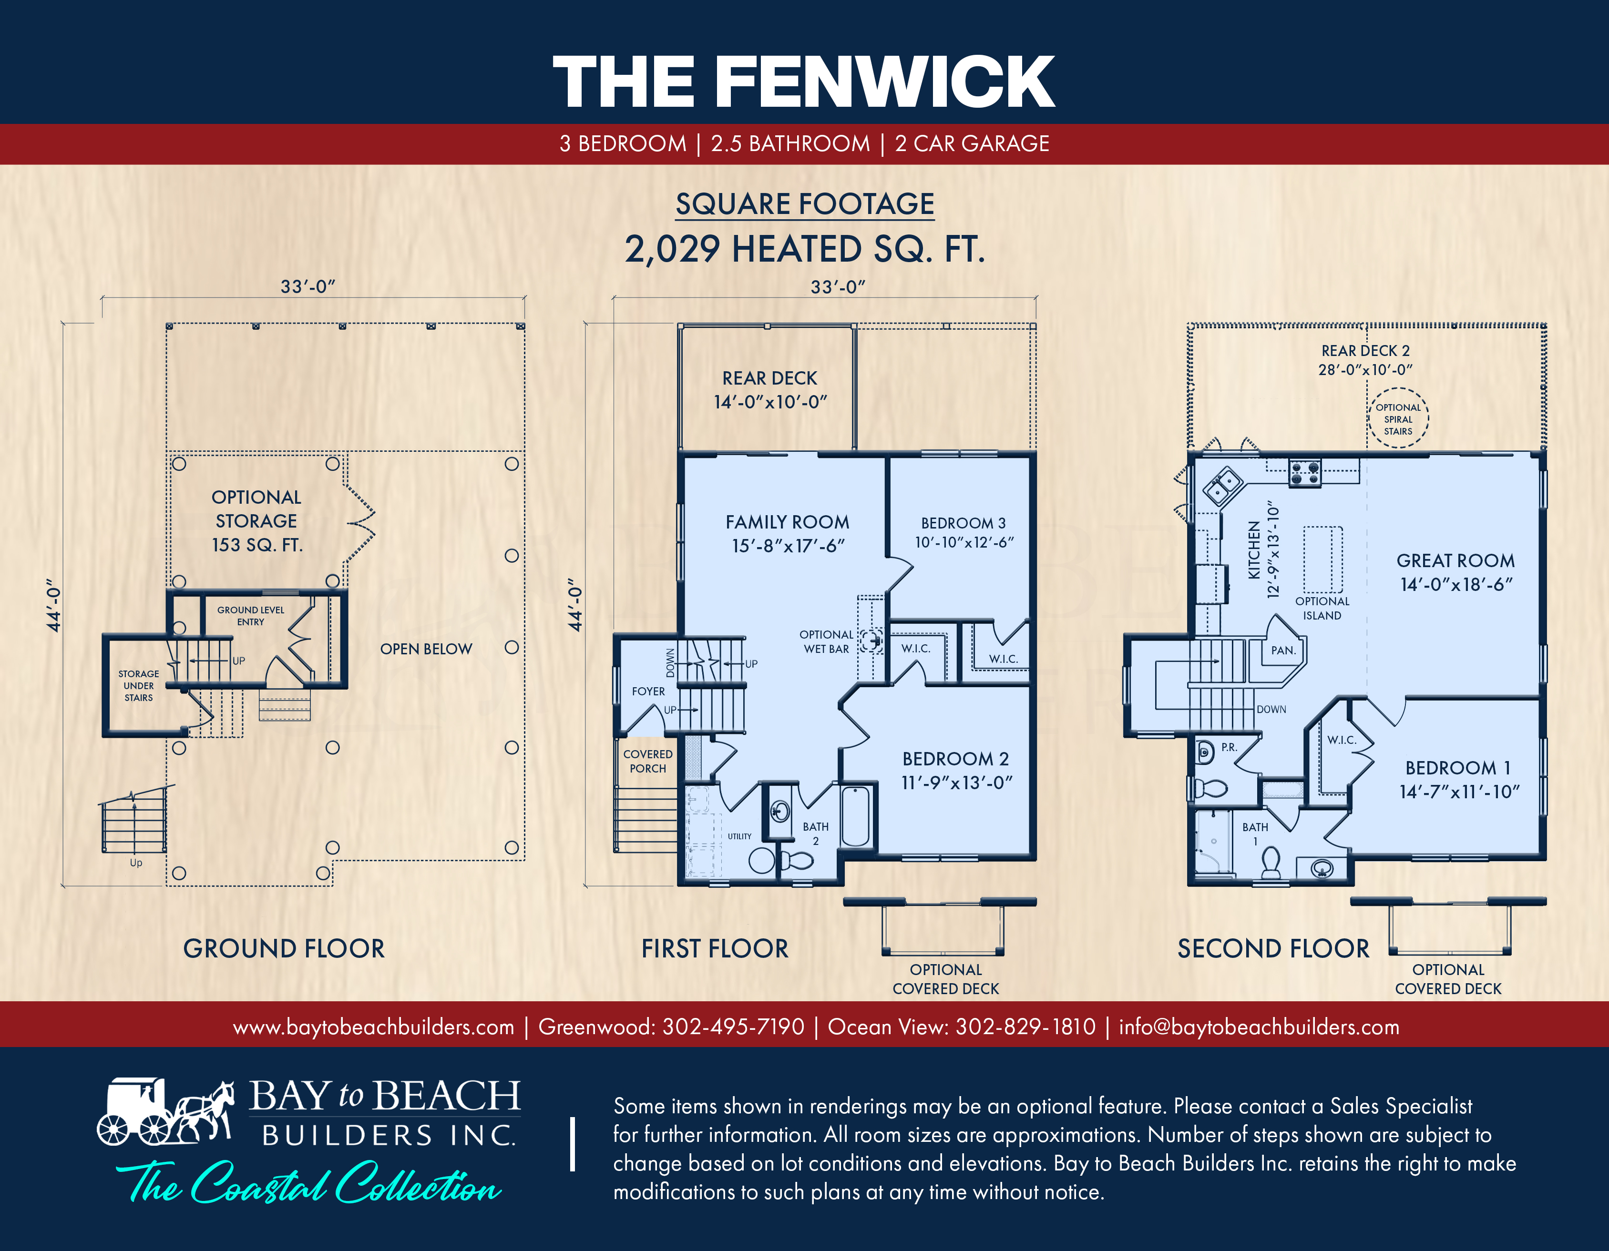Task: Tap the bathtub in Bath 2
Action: [855, 816]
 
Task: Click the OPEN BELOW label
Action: [426, 649]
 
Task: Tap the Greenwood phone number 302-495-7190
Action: [733, 1027]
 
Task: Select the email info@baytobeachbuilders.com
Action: [1259, 1027]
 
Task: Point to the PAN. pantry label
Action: [1282, 650]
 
